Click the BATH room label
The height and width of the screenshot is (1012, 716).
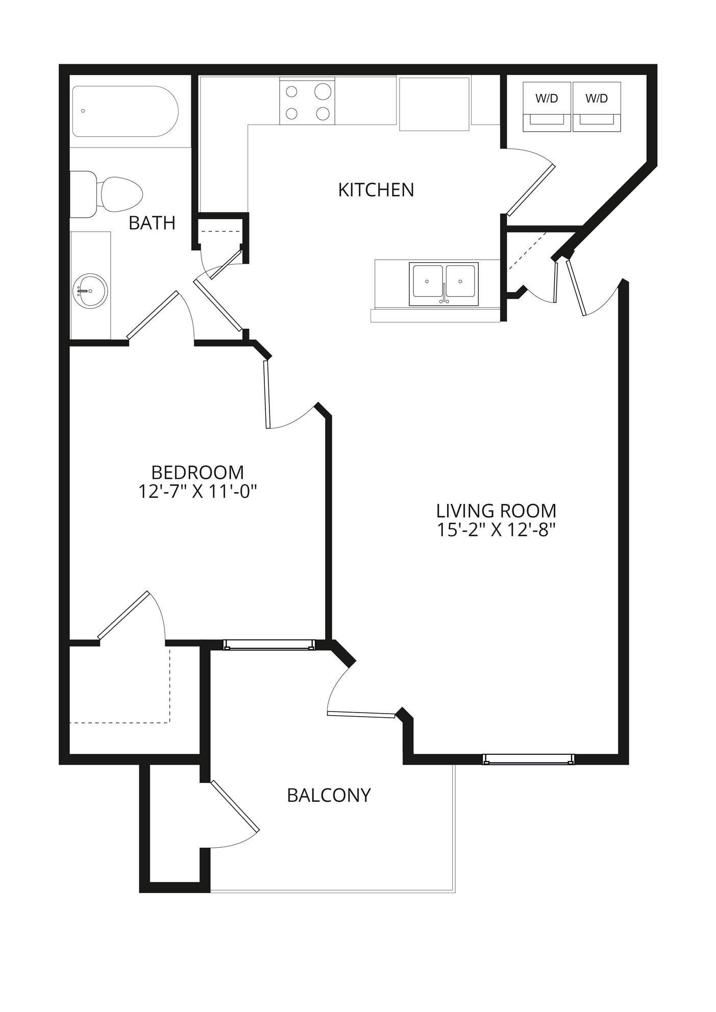(152, 223)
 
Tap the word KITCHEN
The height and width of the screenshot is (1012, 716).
(376, 190)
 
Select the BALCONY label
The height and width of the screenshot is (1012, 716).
(329, 795)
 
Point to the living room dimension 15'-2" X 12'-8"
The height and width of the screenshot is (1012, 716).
(496, 530)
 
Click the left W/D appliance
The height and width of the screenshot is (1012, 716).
(547, 106)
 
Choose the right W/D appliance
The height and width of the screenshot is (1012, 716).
(597, 106)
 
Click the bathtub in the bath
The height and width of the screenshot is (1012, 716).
(125, 111)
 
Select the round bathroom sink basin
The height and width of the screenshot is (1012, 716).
(90, 291)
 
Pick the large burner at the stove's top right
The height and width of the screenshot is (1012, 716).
(323, 92)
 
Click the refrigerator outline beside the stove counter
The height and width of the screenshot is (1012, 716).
(434, 104)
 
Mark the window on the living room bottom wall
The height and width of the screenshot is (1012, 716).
(528, 760)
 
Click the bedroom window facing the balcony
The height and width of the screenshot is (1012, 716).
(269, 645)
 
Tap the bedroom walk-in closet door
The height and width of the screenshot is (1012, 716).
(124, 615)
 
